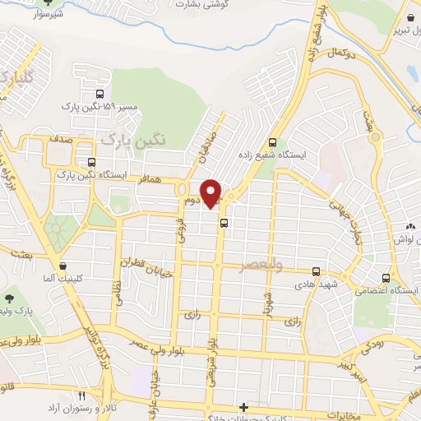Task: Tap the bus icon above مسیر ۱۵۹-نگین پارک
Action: point(100,95)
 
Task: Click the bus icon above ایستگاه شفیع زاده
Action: point(272,141)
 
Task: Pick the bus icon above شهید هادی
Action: point(316,271)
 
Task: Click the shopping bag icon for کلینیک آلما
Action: point(63,266)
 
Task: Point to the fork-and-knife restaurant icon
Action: point(81,396)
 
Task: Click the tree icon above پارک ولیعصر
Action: point(10,297)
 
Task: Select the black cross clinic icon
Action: point(243,408)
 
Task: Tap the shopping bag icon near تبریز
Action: point(409,16)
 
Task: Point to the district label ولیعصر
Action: point(260,266)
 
